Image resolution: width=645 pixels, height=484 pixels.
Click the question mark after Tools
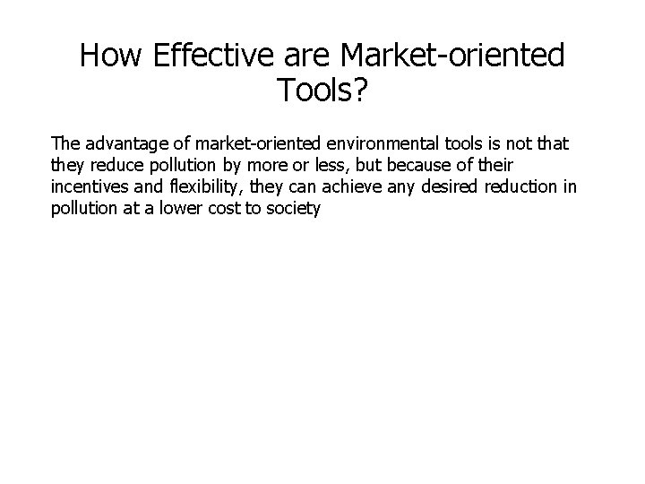[x=358, y=90]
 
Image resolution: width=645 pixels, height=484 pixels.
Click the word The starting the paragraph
[x=65, y=143]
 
